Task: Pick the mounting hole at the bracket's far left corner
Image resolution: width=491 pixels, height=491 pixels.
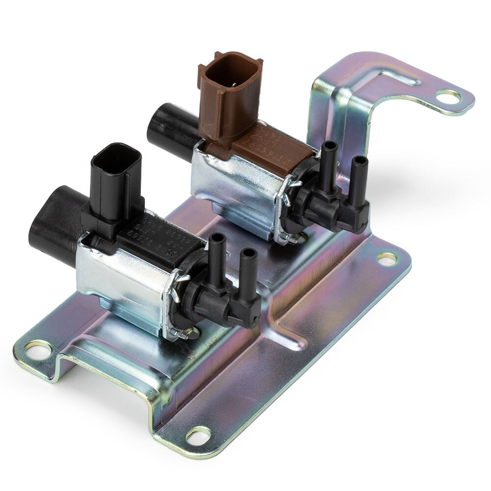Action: pos(38,349)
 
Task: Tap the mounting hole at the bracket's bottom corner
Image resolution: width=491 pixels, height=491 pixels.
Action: pos(200,434)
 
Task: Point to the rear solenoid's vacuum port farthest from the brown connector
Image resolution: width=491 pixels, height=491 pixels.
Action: pos(360,172)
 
